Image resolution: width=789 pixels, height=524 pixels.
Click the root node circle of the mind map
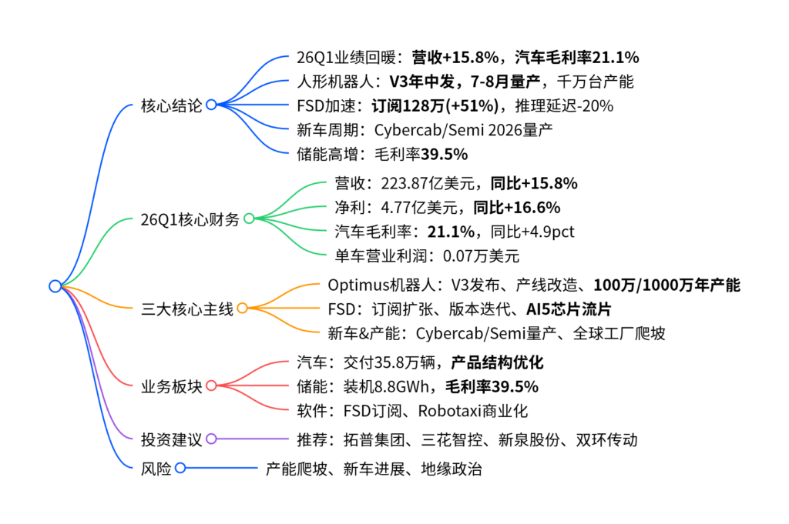(55, 286)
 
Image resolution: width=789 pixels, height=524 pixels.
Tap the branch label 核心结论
(171, 105)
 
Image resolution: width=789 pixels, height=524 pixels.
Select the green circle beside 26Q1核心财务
(249, 219)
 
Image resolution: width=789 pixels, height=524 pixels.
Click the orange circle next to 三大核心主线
(243, 308)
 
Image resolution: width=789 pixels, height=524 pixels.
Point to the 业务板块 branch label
(171, 386)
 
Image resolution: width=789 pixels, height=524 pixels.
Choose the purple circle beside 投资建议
(211, 439)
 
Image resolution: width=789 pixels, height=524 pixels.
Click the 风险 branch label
(156, 469)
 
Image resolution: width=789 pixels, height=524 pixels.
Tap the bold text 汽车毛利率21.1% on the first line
(577, 57)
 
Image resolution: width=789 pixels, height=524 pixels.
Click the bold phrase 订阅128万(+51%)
(435, 105)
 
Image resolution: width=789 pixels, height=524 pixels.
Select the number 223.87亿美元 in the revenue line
(428, 183)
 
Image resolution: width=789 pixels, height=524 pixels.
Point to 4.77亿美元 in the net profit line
(419, 207)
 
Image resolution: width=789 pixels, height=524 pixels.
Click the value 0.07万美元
(481, 255)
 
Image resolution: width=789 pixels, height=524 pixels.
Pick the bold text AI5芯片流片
(569, 309)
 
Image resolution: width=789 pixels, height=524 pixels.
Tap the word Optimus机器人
(381, 285)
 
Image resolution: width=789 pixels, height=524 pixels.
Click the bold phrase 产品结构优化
(497, 362)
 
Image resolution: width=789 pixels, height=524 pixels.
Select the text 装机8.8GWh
(386, 386)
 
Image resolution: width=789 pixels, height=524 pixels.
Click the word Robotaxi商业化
(473, 410)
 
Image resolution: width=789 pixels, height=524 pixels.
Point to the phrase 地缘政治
(452, 469)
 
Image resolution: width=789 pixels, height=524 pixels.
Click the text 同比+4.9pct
(532, 232)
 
